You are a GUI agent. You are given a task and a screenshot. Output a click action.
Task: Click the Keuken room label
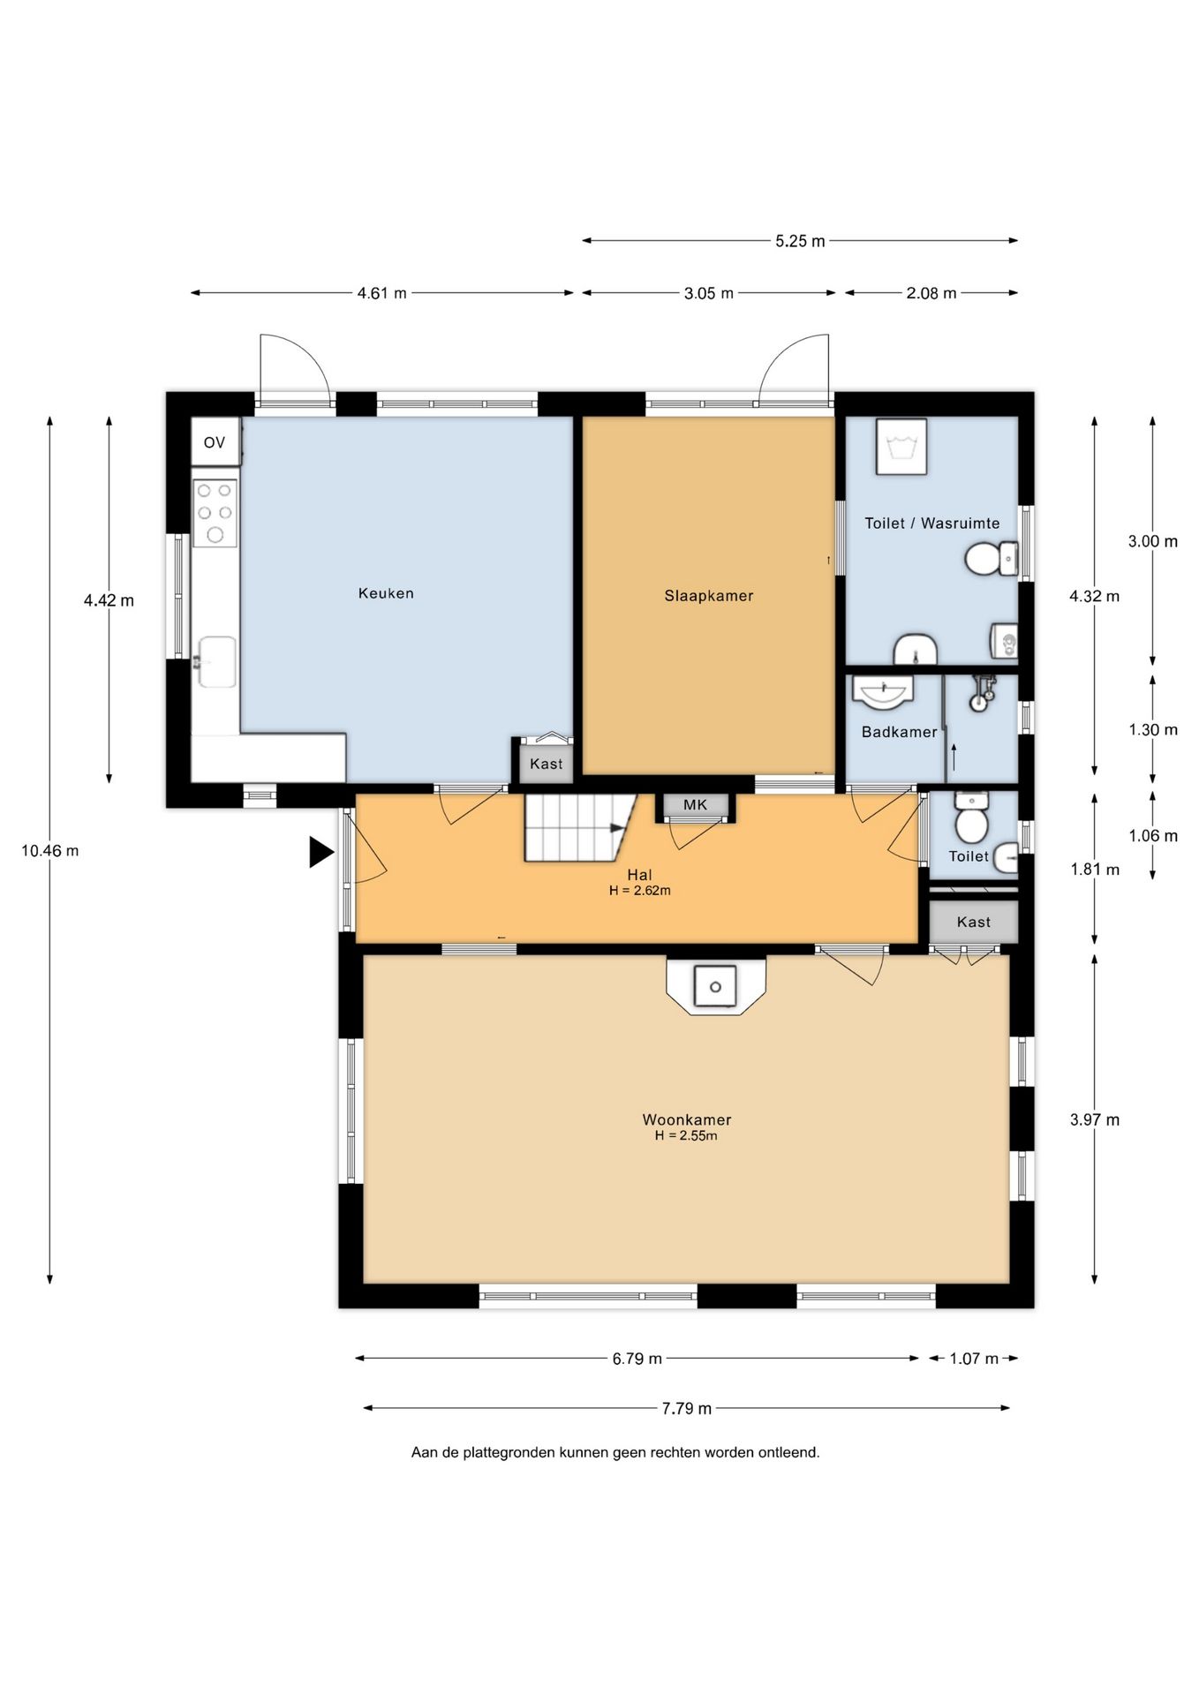point(386,593)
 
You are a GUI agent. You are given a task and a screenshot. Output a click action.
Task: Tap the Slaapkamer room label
point(709,596)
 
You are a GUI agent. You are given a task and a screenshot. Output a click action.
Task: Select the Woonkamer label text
point(687,1119)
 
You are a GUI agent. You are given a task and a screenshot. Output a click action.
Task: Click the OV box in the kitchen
point(215,442)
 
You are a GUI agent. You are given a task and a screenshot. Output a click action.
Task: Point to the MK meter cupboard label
point(696,805)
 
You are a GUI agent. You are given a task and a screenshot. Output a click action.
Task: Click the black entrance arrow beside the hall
point(320,853)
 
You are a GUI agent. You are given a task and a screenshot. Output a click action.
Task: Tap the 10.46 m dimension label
point(50,851)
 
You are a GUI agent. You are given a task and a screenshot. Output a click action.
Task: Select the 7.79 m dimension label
point(687,1408)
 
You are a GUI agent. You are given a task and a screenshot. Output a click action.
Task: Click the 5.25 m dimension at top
point(800,241)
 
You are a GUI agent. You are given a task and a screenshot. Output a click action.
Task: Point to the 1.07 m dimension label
point(974,1359)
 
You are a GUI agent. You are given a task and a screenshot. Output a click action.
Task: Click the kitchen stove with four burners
point(215,513)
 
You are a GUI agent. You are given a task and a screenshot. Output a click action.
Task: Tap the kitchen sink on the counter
point(215,662)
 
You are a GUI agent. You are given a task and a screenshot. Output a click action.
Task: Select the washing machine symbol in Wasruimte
point(901,447)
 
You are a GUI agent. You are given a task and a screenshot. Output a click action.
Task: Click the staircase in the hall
point(579,828)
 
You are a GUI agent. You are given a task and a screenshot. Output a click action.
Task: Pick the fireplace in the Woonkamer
point(716,985)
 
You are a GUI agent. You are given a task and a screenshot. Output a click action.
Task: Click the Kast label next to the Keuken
point(547,764)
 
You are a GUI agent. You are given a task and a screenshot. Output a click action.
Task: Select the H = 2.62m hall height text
point(640,891)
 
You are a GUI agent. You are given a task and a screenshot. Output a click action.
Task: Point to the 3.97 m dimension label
point(1095,1120)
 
